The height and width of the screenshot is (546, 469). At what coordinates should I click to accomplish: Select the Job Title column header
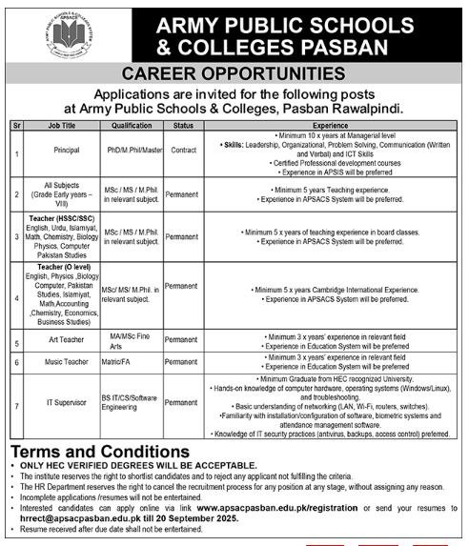tap(64, 125)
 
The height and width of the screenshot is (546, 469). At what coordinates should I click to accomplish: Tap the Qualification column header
tap(132, 125)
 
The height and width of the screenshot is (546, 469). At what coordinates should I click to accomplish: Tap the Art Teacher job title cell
tap(64, 339)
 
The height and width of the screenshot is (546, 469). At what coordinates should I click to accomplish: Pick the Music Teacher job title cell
tap(64, 363)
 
